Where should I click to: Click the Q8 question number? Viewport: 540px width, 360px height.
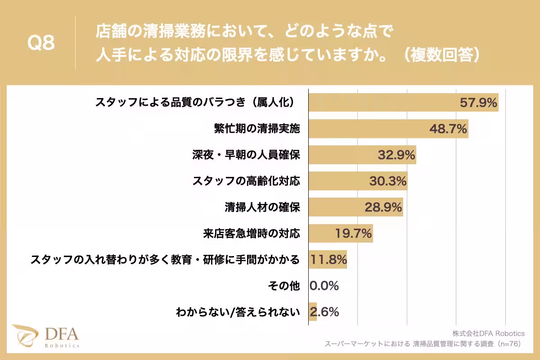pyautogui.click(x=41, y=43)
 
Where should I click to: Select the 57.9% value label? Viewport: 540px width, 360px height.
pyautogui.click(x=478, y=103)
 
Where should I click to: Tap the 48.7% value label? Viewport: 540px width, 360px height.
pyautogui.click(x=448, y=129)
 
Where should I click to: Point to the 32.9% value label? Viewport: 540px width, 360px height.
pyautogui.click(x=396, y=155)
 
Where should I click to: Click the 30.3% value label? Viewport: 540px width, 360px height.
pyautogui.click(x=388, y=181)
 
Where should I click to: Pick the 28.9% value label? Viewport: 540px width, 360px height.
pyautogui.click(x=383, y=207)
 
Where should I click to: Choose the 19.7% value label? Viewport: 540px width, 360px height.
pyautogui.click(x=353, y=234)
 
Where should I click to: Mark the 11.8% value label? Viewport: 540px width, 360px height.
pyautogui.click(x=328, y=260)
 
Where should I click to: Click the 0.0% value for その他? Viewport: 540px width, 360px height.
pyautogui.click(x=324, y=286)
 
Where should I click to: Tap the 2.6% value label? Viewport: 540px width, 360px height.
pyautogui.click(x=324, y=312)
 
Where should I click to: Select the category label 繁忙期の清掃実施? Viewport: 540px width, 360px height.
pyautogui.click(x=256, y=129)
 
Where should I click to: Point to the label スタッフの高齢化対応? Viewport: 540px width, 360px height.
pyautogui.click(x=246, y=181)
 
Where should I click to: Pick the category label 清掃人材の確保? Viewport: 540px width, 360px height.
pyautogui.click(x=262, y=207)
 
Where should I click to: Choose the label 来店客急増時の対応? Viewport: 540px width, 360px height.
pyautogui.click(x=251, y=234)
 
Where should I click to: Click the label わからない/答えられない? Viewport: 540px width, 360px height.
pyautogui.click(x=238, y=312)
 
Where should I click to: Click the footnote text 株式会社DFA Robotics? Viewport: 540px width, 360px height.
pyautogui.click(x=489, y=333)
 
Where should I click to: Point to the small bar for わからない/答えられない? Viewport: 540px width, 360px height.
pyautogui.click(x=313, y=312)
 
